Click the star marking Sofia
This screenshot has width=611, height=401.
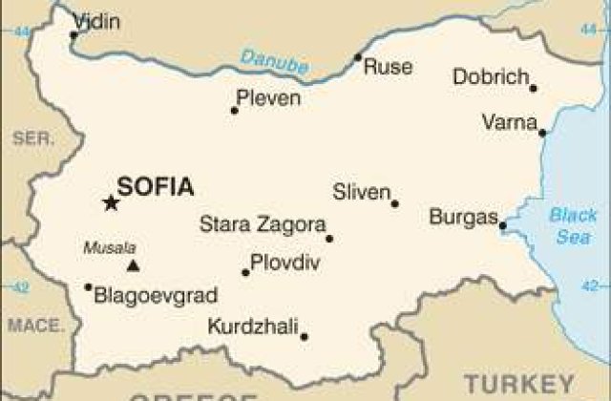(111, 201)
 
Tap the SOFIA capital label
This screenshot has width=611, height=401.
(155, 186)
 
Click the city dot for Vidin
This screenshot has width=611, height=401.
(74, 36)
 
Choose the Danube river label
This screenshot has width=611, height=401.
(274, 61)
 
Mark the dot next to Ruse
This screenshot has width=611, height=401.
(358, 58)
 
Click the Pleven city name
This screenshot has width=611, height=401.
(268, 97)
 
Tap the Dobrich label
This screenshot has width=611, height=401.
(491, 77)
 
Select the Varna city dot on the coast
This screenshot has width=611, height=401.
(542, 133)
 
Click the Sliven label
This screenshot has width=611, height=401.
(361, 192)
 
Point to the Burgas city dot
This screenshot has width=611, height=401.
(502, 226)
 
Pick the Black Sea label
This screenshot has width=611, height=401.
(573, 226)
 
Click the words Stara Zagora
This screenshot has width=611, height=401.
(263, 225)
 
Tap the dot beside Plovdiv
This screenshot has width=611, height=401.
(245, 272)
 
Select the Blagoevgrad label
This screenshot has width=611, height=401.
(156, 295)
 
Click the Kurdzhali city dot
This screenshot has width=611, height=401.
(304, 336)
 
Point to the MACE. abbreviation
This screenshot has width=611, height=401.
(35, 326)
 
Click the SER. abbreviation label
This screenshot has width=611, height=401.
(33, 139)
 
